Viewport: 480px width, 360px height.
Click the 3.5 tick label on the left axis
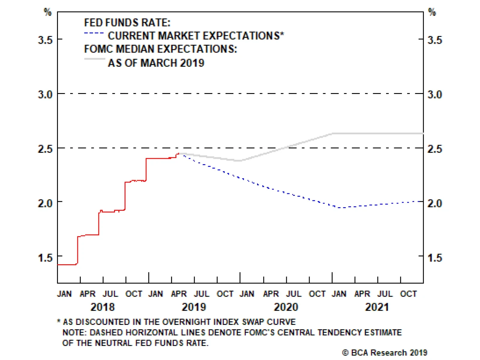tap(45, 40)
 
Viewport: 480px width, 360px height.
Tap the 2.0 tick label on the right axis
tap(435, 203)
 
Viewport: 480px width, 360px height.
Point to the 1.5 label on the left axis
tap(45, 258)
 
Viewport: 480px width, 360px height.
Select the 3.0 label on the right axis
tap(435, 95)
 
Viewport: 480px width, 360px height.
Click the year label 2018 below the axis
tap(103, 307)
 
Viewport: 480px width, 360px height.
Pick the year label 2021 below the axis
tap(377, 307)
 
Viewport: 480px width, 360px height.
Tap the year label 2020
tap(286, 307)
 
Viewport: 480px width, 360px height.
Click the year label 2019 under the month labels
tap(194, 307)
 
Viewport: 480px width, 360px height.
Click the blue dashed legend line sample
tap(94, 33)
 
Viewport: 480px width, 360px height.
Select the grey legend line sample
tap(94, 59)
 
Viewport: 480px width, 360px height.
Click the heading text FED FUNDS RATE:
tap(127, 23)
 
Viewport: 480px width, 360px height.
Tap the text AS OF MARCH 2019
tap(156, 63)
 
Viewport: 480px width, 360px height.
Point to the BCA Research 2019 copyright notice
tap(385, 352)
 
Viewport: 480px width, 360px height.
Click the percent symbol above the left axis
tap(48, 12)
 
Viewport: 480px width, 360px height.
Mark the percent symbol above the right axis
tap(432, 12)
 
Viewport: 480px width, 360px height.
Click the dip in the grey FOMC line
tap(238, 161)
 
